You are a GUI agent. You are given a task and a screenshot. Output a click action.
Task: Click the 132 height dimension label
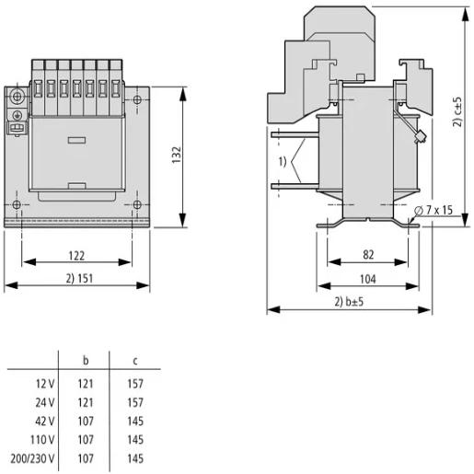click(177, 154)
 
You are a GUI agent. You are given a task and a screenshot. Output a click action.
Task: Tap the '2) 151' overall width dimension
click(77, 277)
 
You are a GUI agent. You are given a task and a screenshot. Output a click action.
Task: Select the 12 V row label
click(44, 383)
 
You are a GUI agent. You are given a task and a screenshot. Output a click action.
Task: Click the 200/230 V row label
click(34, 457)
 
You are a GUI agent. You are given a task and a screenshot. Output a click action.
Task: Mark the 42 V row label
click(44, 421)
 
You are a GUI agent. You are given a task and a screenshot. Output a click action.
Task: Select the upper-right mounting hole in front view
click(136, 99)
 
